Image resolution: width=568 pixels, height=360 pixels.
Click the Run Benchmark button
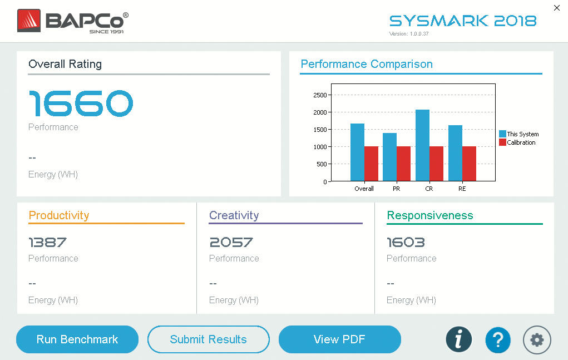point(77,339)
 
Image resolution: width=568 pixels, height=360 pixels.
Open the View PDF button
point(339,339)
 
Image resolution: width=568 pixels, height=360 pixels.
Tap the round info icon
point(458,339)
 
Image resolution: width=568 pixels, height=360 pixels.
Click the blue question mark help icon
point(498,339)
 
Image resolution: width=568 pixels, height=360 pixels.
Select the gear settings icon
point(537,339)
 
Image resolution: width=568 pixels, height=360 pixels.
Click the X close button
point(557,8)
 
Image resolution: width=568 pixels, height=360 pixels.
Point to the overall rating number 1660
point(81,103)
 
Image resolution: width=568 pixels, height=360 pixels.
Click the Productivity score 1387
point(48,243)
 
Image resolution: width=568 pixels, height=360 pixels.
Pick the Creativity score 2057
point(231,243)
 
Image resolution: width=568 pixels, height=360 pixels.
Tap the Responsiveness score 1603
point(406,243)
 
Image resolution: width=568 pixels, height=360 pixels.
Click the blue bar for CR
point(422,145)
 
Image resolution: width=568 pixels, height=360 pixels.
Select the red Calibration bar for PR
point(403,164)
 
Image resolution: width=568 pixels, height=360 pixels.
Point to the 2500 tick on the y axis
point(320,95)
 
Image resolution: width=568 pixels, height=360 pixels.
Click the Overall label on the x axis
point(364,189)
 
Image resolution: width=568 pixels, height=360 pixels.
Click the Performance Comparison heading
point(367,64)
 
